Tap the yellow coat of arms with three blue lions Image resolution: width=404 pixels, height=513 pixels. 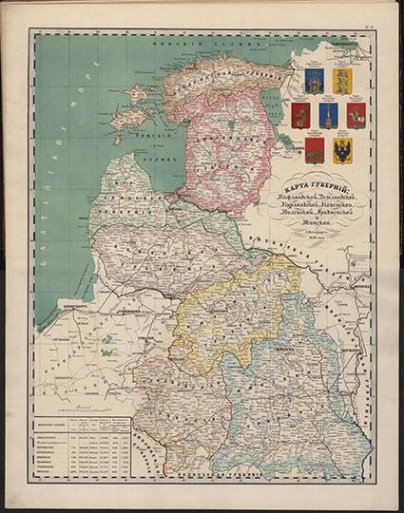342,80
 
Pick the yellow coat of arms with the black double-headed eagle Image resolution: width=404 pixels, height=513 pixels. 342,150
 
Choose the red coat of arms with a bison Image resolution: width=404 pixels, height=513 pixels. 316,150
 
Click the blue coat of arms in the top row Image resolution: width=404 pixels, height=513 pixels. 316,80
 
